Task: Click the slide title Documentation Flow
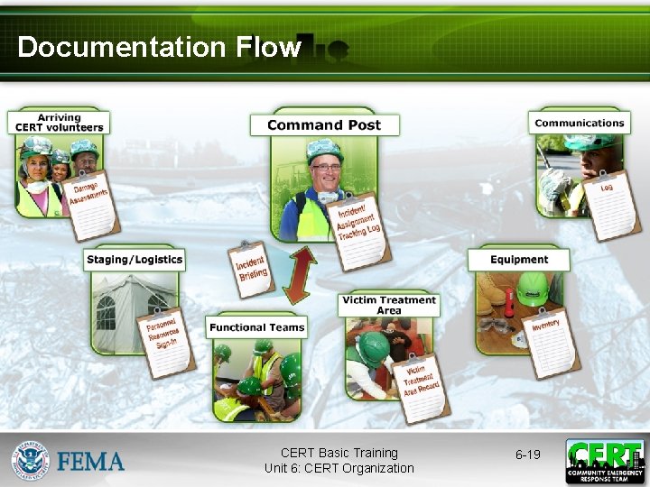[x=159, y=47]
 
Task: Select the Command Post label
[x=324, y=124]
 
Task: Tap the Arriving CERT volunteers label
[x=59, y=123]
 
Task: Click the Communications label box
[x=579, y=123]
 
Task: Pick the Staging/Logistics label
[x=135, y=260]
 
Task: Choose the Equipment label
[x=519, y=260]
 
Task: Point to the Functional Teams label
[x=257, y=326]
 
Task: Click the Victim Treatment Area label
[x=389, y=305]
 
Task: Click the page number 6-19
[x=527, y=455]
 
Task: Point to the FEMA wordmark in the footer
[x=91, y=462]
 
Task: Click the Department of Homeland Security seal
[x=31, y=461]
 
